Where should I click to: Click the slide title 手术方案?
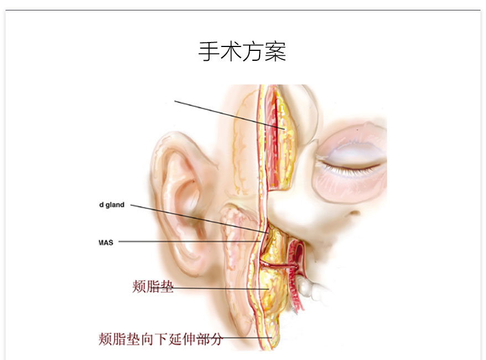(242, 51)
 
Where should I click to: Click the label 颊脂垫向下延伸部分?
(160, 338)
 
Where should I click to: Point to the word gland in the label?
(114, 205)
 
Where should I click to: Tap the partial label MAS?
(106, 242)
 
